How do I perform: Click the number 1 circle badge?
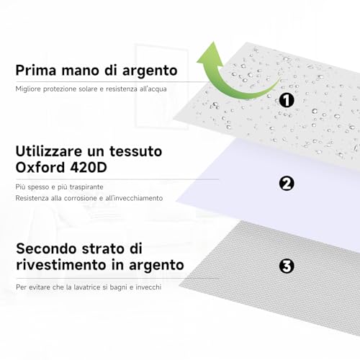point(287,100)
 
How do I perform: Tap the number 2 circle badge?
point(287,184)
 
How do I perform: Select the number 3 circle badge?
point(287,266)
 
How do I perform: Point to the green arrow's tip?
point(212,42)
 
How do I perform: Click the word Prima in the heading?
point(36,70)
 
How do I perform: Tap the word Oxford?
point(40,167)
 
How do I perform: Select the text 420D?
point(89,167)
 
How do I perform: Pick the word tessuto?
point(136,151)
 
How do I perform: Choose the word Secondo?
point(47,248)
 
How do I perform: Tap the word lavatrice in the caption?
point(86,287)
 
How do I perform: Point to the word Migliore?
point(28,89)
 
